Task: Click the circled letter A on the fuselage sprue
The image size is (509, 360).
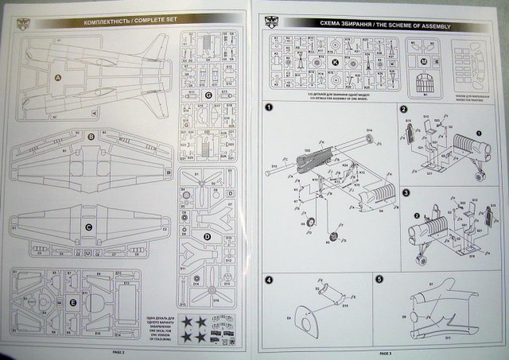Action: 57,77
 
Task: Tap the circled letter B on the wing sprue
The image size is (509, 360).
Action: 91,137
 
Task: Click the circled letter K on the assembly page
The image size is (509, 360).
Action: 336,60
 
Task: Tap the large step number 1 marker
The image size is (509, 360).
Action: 269,108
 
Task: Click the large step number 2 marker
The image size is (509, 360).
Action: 405,110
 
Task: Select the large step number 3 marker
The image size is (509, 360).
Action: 405,192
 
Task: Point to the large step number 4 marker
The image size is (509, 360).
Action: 269,280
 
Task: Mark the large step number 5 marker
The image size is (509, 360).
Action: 379,279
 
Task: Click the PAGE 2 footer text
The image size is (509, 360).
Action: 118,350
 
